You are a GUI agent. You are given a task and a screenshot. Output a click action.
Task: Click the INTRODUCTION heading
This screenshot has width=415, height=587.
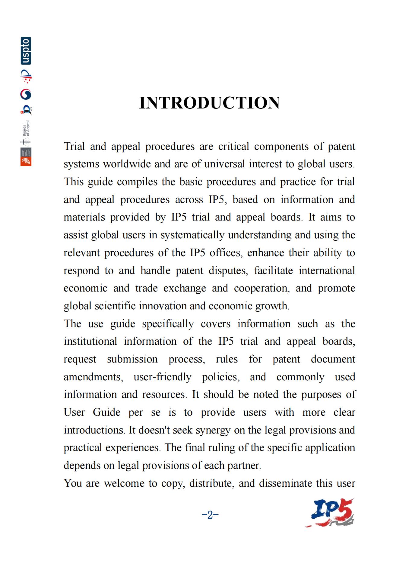209,103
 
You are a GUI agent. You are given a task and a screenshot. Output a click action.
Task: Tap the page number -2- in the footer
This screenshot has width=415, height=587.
210,514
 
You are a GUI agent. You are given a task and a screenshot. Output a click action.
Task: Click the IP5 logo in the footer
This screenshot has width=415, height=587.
330,513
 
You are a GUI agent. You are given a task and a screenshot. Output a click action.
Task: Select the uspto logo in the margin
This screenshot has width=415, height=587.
26,51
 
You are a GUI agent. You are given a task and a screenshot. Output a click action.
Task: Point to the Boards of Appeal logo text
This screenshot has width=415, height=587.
26,128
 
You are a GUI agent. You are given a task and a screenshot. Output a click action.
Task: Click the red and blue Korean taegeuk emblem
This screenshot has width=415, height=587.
26,95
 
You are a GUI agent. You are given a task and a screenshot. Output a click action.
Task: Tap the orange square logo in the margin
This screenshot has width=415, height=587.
26,161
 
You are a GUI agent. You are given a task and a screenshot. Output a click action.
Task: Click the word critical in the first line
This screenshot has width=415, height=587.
233,147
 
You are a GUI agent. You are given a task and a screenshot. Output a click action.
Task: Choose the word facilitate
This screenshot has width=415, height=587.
273,270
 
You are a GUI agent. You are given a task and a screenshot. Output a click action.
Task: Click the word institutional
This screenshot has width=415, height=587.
90,341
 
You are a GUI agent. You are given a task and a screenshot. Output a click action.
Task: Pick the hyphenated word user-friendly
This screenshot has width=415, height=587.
162,377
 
